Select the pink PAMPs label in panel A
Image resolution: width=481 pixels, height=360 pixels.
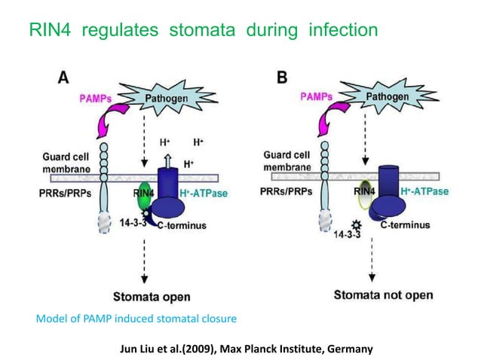[100, 97]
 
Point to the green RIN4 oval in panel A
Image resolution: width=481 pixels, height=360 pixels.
[143, 194]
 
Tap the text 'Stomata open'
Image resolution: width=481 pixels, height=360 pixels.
[152, 295]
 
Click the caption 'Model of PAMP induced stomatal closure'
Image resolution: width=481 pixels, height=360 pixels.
[136, 319]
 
